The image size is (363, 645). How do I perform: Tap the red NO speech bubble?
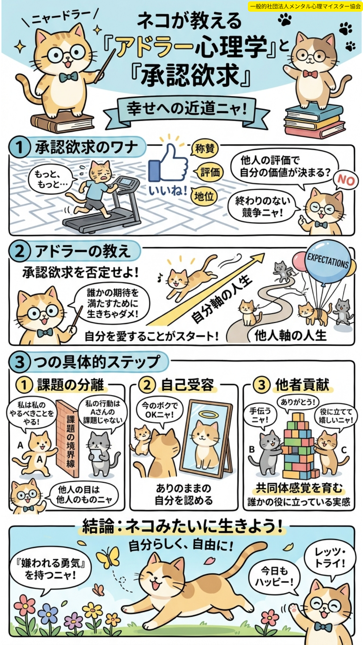[346, 180]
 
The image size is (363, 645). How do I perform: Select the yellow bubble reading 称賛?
[205, 148]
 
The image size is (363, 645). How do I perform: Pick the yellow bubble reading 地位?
[204, 196]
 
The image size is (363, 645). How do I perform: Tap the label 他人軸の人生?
[290, 335]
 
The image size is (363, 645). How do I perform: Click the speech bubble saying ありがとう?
[298, 402]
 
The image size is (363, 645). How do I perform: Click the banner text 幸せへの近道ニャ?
[187, 109]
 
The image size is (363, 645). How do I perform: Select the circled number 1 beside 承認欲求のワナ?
[19, 147]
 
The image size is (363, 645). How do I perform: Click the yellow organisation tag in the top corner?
[305, 6]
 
